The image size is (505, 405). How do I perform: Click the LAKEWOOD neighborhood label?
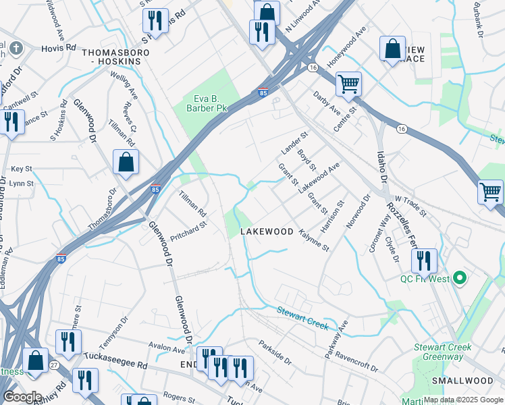[267, 232]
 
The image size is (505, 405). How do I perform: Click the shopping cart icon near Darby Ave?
[348, 84]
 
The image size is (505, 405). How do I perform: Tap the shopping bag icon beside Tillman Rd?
[126, 163]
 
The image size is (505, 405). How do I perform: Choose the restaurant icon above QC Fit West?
[423, 260]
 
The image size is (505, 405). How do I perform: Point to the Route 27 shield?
[54, 364]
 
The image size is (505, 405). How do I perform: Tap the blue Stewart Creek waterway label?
[302, 319]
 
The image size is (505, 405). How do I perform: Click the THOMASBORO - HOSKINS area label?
[111, 56]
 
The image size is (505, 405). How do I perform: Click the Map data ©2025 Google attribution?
[463, 400]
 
